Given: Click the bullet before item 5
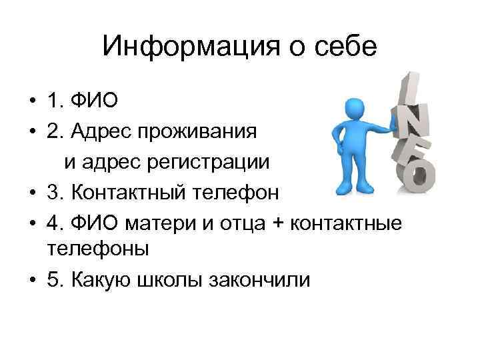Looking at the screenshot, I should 32,281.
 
